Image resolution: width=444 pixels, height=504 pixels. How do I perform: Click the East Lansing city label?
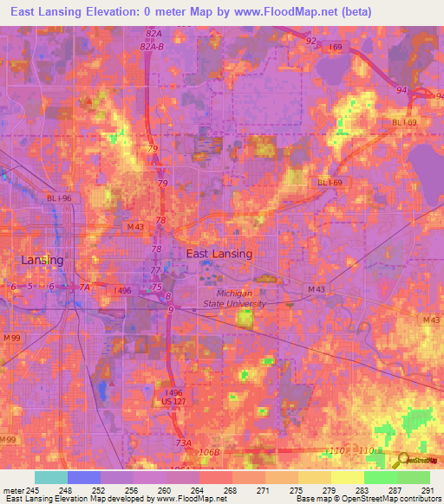point(219,254)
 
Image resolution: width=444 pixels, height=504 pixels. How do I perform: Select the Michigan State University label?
point(241,299)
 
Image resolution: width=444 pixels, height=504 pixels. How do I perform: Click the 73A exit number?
point(183,443)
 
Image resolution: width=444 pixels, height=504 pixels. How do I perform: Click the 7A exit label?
point(84,287)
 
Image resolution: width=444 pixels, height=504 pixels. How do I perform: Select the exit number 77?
point(157,270)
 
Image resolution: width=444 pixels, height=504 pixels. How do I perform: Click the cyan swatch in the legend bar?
point(51,477)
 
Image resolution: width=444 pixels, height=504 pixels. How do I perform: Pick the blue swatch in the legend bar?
point(84,477)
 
